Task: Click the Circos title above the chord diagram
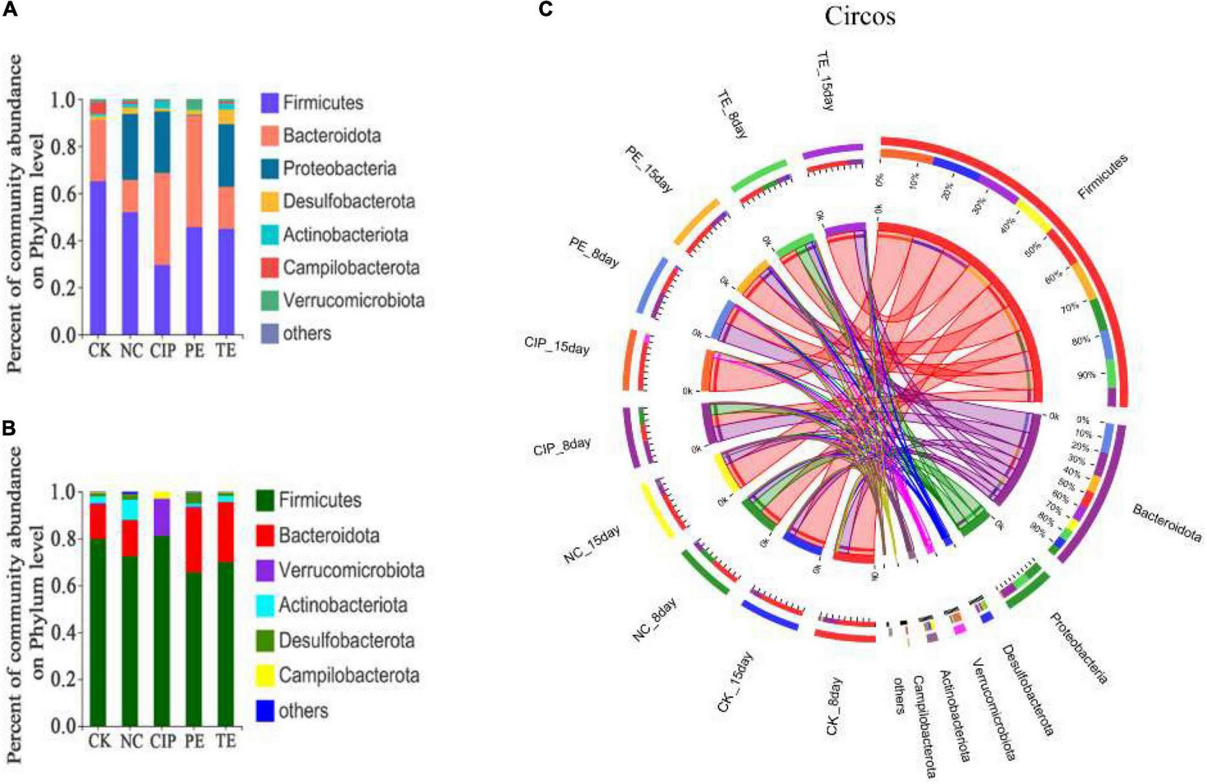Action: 860,16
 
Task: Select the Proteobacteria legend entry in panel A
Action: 339,168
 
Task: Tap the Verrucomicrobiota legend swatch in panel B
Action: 266,571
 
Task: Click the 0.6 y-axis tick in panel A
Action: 65,194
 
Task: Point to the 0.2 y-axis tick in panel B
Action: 65,680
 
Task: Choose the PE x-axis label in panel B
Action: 194,741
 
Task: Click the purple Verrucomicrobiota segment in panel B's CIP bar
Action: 162,517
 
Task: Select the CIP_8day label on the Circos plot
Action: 562,447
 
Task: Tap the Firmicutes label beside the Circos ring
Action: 1102,177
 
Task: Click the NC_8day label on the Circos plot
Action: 655,620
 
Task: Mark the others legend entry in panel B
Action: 303,711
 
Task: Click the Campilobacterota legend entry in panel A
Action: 351,268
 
